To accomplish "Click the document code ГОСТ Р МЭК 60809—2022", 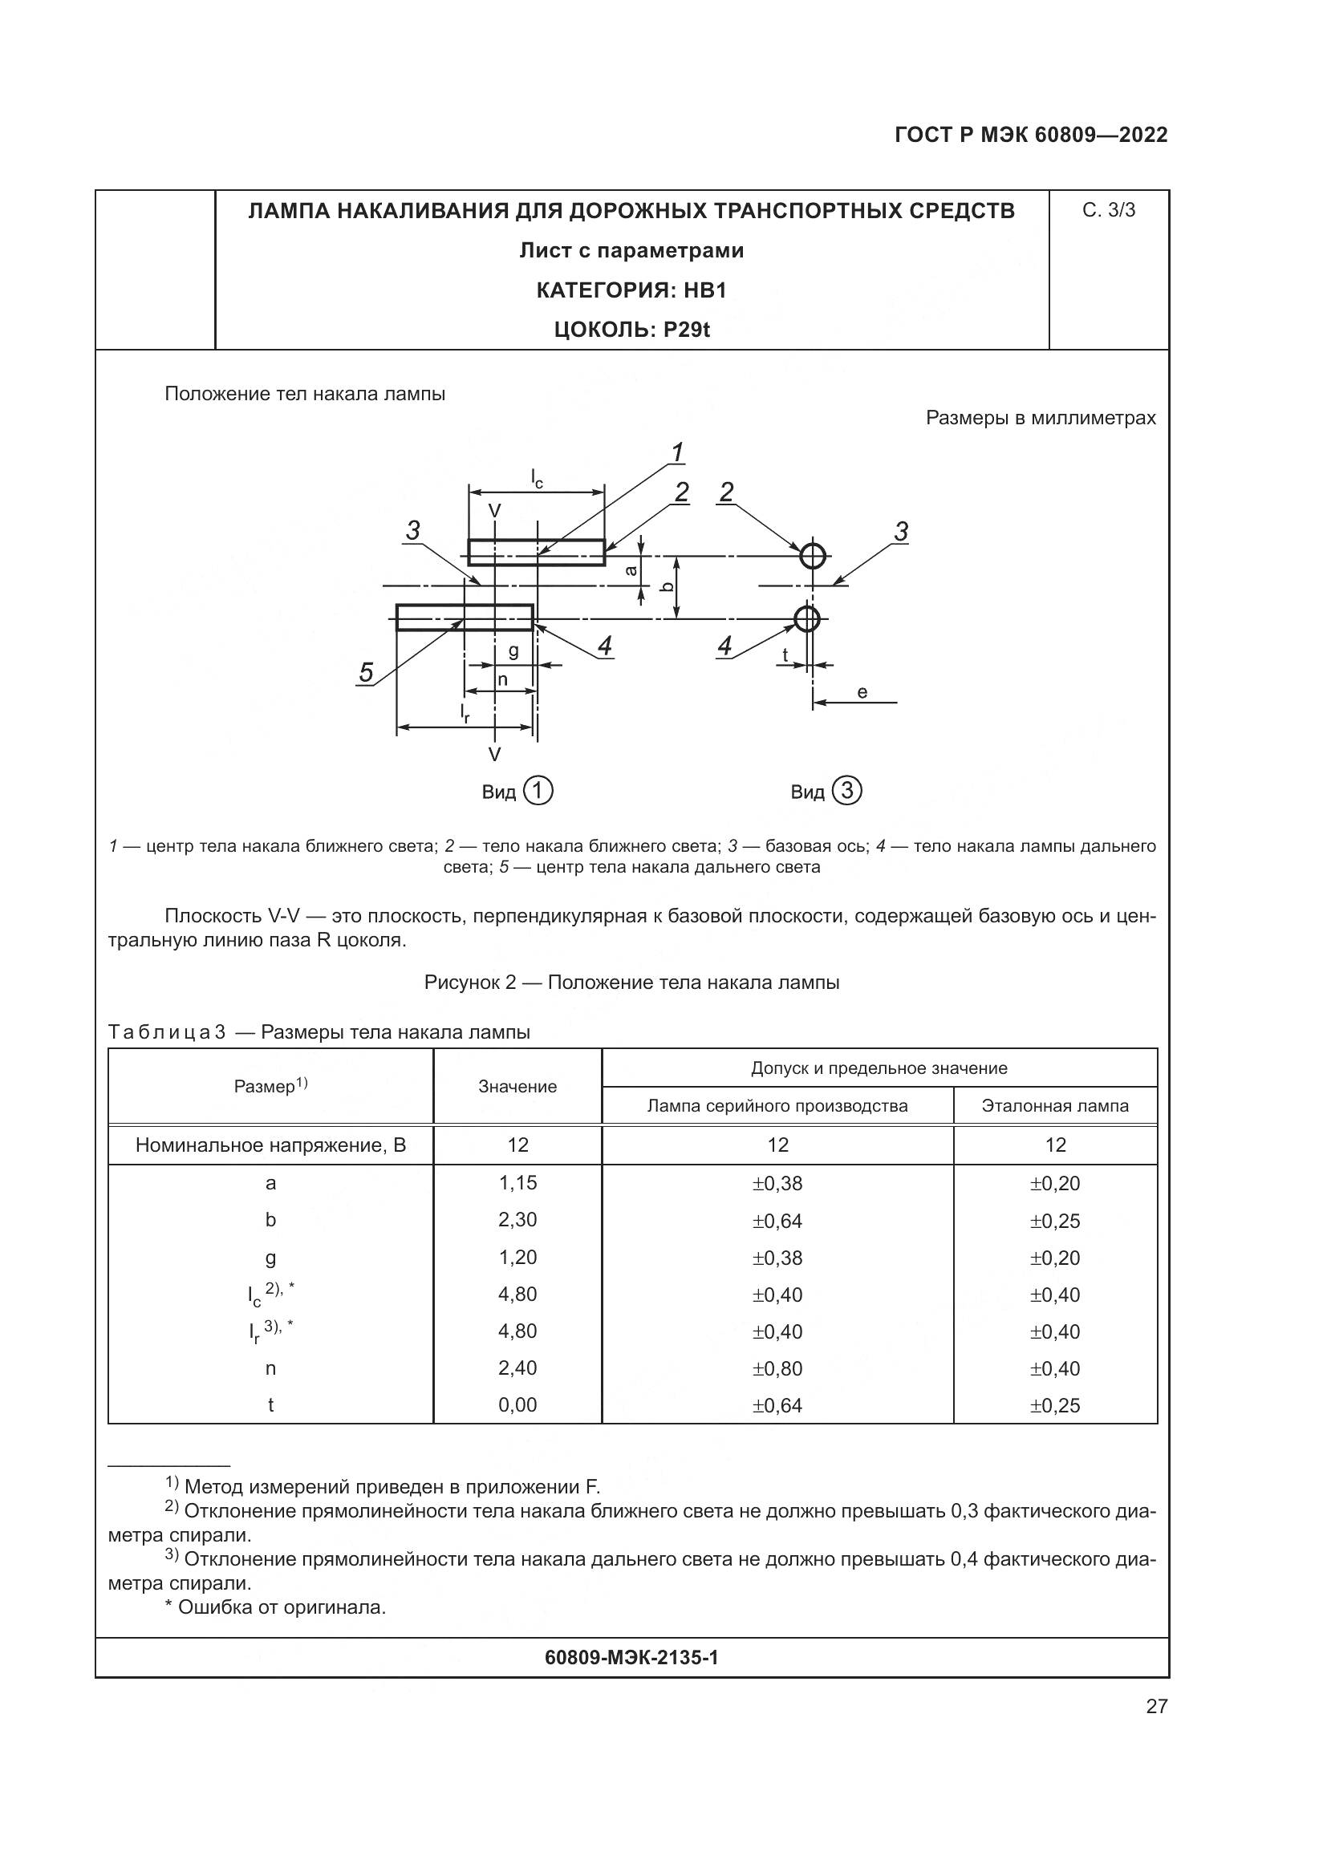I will click(1030, 135).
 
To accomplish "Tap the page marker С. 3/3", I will click(1108, 210).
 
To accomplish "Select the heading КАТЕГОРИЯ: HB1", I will click(631, 290).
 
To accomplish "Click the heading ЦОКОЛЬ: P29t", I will click(631, 330).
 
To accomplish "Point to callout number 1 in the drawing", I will click(677, 452).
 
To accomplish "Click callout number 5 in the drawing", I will click(366, 673).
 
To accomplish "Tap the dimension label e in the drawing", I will click(862, 692).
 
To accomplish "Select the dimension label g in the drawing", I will click(513, 651).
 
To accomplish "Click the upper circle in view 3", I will click(812, 556).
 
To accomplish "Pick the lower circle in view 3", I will click(806, 618).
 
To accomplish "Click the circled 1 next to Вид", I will click(538, 791).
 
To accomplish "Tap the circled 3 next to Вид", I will click(847, 791).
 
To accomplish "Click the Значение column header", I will click(517, 1087).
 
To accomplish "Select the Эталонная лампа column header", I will click(1055, 1105).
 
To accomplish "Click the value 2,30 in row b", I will click(517, 1220).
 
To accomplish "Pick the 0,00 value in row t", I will click(517, 1404).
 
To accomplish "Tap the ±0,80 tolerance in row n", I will click(777, 1368).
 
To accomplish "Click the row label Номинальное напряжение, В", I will click(270, 1145).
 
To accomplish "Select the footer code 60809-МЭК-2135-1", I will click(631, 1657).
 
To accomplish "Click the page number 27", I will click(1156, 1706).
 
